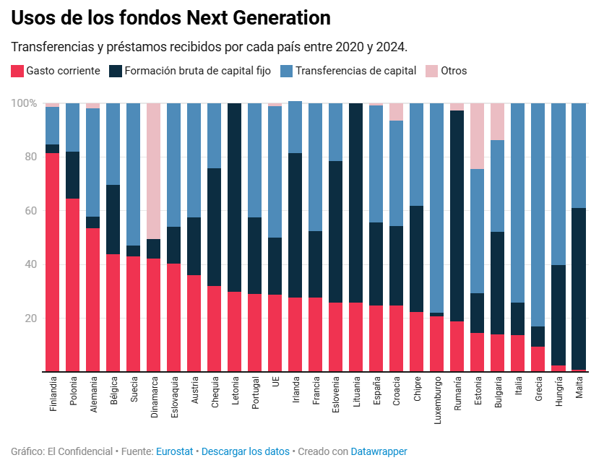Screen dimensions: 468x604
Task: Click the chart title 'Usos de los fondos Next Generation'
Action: pyautogui.click(x=171, y=18)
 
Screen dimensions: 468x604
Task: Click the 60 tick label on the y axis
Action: pyautogui.click(x=30, y=211)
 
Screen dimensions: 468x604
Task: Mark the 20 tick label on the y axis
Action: pyautogui.click(x=30, y=318)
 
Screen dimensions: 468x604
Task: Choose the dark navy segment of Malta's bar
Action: pyautogui.click(x=579, y=289)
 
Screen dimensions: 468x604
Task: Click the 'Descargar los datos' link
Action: pyautogui.click(x=246, y=451)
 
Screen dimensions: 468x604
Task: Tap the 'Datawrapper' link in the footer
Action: pyautogui.click(x=379, y=451)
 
